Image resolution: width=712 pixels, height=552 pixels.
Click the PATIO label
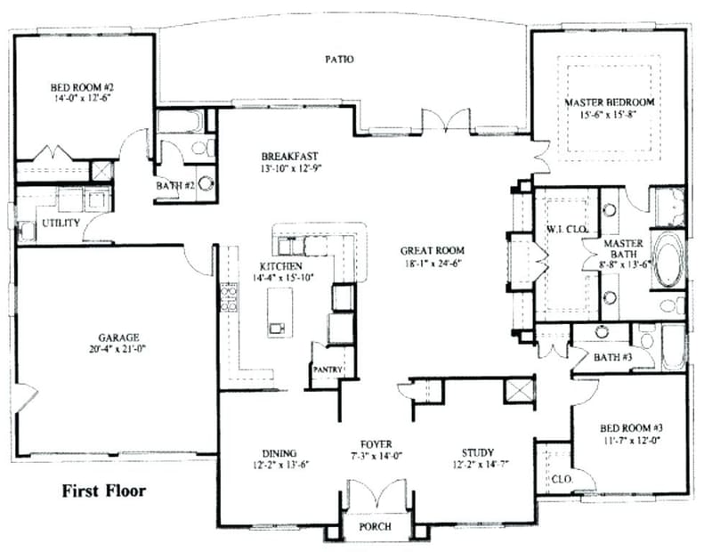(x=338, y=60)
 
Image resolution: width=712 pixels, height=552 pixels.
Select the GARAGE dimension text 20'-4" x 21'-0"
(x=118, y=348)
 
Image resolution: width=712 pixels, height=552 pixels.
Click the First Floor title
(x=103, y=490)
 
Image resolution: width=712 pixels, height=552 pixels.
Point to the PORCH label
(x=375, y=526)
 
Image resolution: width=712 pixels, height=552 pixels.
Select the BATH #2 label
(x=175, y=184)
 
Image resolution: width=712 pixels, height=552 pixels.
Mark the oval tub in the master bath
(x=667, y=260)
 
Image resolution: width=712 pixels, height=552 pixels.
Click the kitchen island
(x=278, y=316)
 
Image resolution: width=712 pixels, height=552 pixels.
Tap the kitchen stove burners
(x=228, y=296)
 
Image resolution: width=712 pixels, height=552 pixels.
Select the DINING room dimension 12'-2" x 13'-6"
(x=279, y=465)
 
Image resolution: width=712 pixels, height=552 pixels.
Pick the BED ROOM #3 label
(x=632, y=428)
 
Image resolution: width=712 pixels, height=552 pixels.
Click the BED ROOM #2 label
(x=81, y=87)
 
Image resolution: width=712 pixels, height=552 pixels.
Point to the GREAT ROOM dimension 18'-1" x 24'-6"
(x=433, y=263)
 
